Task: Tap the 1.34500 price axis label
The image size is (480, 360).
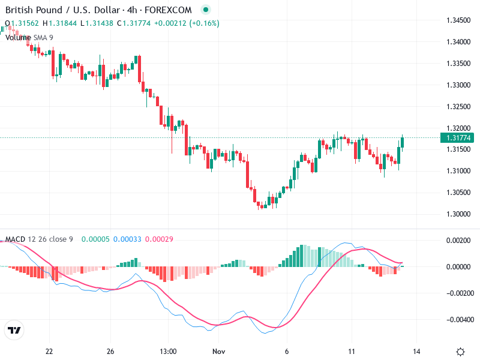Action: click(x=458, y=20)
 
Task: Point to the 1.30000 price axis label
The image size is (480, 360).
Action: click(x=458, y=214)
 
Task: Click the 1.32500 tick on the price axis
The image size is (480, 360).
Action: click(x=458, y=107)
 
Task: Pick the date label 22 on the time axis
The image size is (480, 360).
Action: click(x=49, y=352)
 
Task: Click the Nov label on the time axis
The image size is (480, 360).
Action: click(x=218, y=352)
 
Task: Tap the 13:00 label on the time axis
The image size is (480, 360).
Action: click(x=168, y=352)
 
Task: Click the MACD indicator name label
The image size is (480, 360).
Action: click(x=16, y=239)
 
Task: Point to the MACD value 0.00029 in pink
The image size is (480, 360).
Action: click(x=159, y=239)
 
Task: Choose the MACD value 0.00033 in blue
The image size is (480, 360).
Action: click(x=127, y=239)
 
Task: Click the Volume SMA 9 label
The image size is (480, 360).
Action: click(x=29, y=37)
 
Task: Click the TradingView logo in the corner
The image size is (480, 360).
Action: click(x=14, y=331)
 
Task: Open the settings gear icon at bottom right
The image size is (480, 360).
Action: click(x=460, y=352)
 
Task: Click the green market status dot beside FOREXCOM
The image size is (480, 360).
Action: click(x=206, y=10)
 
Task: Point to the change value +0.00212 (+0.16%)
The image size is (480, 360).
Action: click(x=187, y=23)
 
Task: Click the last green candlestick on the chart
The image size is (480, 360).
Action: click(x=403, y=142)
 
